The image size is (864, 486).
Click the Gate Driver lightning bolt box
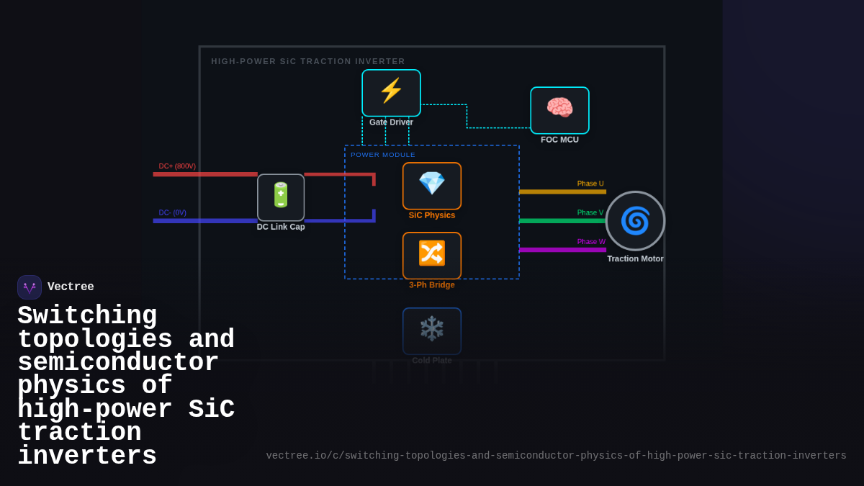(391, 92)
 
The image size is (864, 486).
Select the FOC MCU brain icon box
(559, 109)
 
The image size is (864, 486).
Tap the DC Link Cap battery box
(281, 197)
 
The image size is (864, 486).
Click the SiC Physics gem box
(432, 185)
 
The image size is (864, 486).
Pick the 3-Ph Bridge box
(432, 255)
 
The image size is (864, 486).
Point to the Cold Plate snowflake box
(432, 330)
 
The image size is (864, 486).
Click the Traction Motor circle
(635, 220)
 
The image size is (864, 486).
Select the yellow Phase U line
(562, 192)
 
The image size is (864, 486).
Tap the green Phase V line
(562, 221)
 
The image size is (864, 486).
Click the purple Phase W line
(562, 250)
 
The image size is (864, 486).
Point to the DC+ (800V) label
(177, 166)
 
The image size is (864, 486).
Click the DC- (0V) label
(172, 213)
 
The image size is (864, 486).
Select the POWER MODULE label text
(383, 155)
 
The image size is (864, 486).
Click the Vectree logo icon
(30, 287)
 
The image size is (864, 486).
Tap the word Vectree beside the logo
(71, 287)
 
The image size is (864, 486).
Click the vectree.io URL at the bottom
(556, 456)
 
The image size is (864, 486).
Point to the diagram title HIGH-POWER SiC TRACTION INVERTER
(308, 61)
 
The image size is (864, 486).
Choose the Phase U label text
(590, 184)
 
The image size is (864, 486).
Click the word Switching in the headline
(87, 315)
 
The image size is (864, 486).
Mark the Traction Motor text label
(635, 259)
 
